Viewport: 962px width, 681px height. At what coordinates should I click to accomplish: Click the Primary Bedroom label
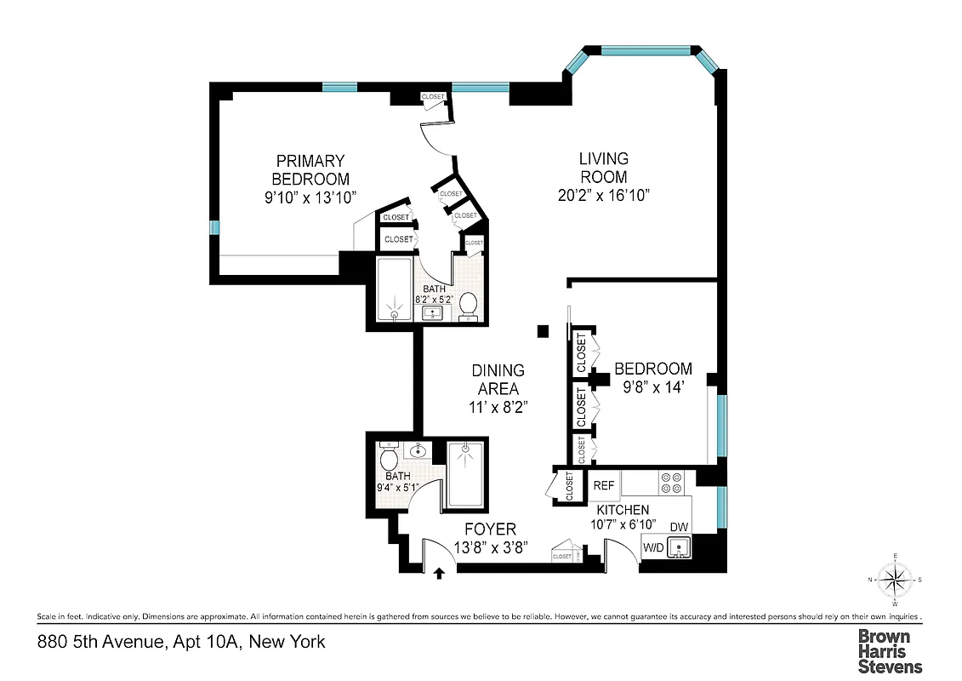310,169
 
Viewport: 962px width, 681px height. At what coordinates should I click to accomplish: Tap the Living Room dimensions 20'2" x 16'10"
603,195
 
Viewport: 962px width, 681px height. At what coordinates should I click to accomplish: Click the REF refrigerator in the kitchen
603,485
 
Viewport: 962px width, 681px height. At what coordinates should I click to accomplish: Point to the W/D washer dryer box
653,547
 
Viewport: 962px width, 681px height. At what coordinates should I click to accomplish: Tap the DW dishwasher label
679,528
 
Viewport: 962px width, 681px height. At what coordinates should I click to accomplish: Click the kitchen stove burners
669,484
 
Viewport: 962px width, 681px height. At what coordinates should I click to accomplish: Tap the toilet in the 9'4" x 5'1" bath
390,461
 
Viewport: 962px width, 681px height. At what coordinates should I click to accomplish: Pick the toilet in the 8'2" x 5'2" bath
468,304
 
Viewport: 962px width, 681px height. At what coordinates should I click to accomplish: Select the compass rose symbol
894,581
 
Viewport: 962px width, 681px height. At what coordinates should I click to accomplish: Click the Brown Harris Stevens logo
889,650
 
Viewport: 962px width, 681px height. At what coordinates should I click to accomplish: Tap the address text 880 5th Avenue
181,642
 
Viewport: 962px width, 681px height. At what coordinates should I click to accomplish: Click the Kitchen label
623,509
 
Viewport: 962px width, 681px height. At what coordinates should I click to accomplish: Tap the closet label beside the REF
569,487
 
